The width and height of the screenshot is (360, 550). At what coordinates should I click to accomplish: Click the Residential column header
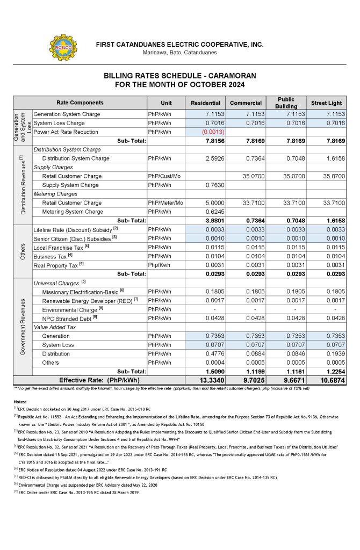(x=206, y=103)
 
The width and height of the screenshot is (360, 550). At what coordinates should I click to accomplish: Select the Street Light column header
(x=327, y=103)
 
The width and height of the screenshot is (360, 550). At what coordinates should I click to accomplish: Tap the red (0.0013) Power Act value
(x=211, y=132)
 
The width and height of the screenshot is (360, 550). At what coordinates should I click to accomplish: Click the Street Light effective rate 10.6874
(x=330, y=380)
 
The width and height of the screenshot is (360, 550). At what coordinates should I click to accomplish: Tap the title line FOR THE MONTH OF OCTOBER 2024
(x=180, y=85)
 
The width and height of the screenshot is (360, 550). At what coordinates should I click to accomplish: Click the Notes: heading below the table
(x=20, y=401)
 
